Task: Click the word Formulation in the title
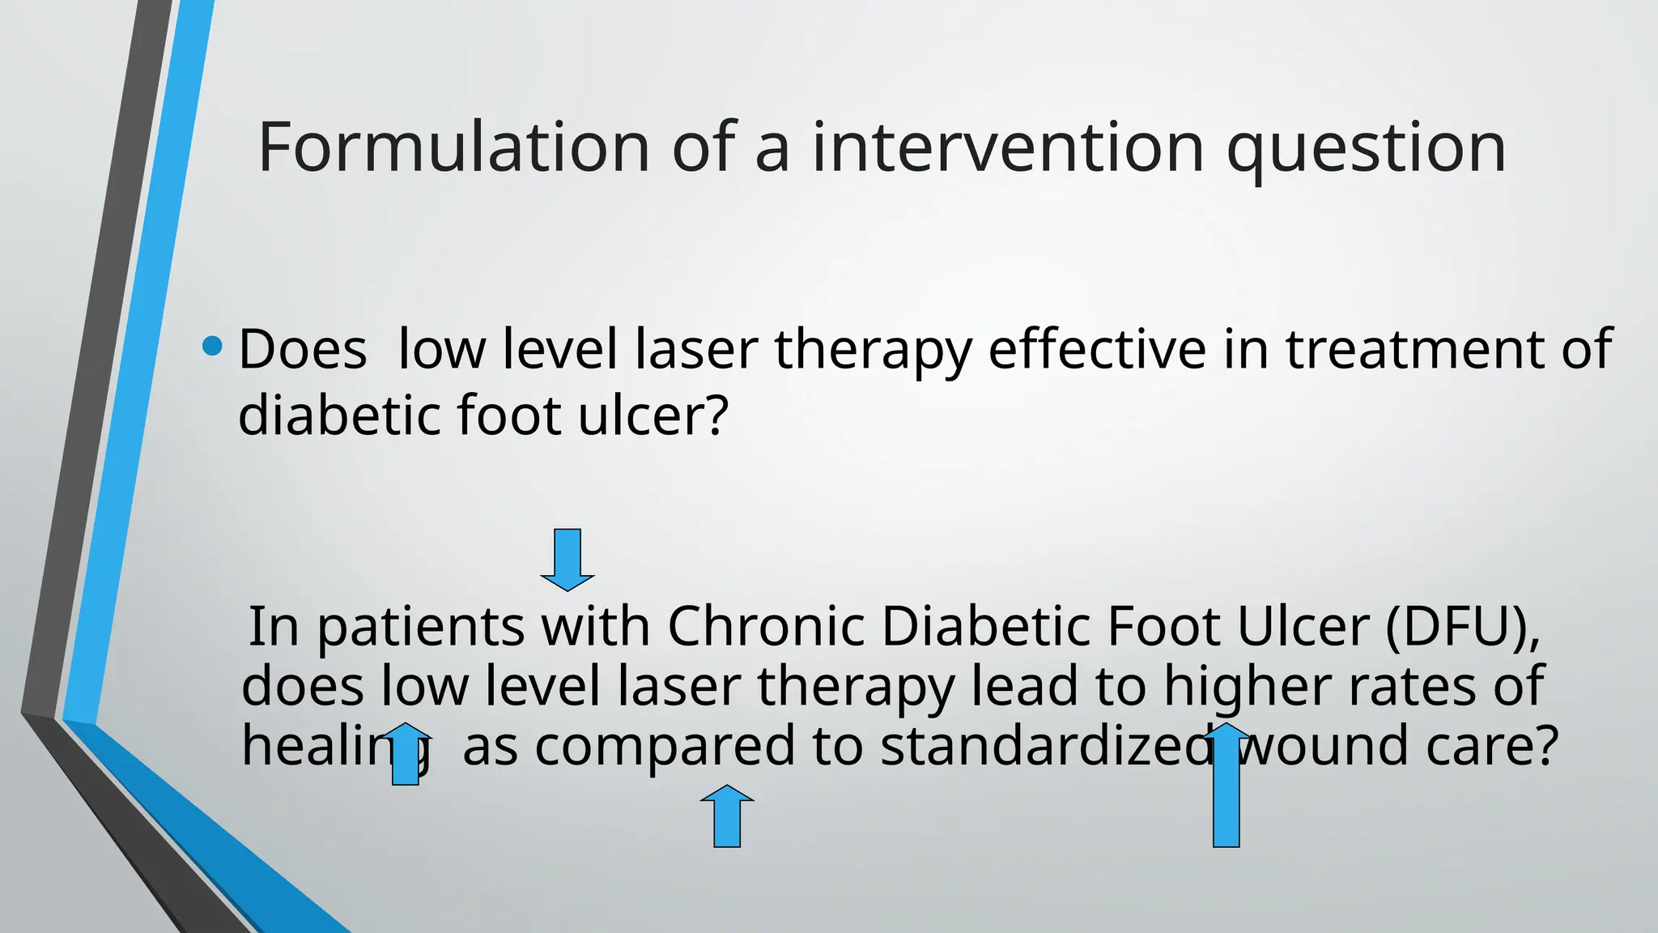pyautogui.click(x=453, y=147)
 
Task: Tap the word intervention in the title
pyautogui.click(x=1008, y=147)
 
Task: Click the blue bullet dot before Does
pyautogui.click(x=212, y=347)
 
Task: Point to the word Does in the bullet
pyautogui.click(x=302, y=350)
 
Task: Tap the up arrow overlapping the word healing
pyautogui.click(x=406, y=755)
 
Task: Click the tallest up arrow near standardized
pyautogui.click(x=1226, y=786)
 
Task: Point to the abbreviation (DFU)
pyautogui.click(x=1462, y=627)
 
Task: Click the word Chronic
pyautogui.click(x=766, y=627)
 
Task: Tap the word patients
pyautogui.click(x=420, y=628)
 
